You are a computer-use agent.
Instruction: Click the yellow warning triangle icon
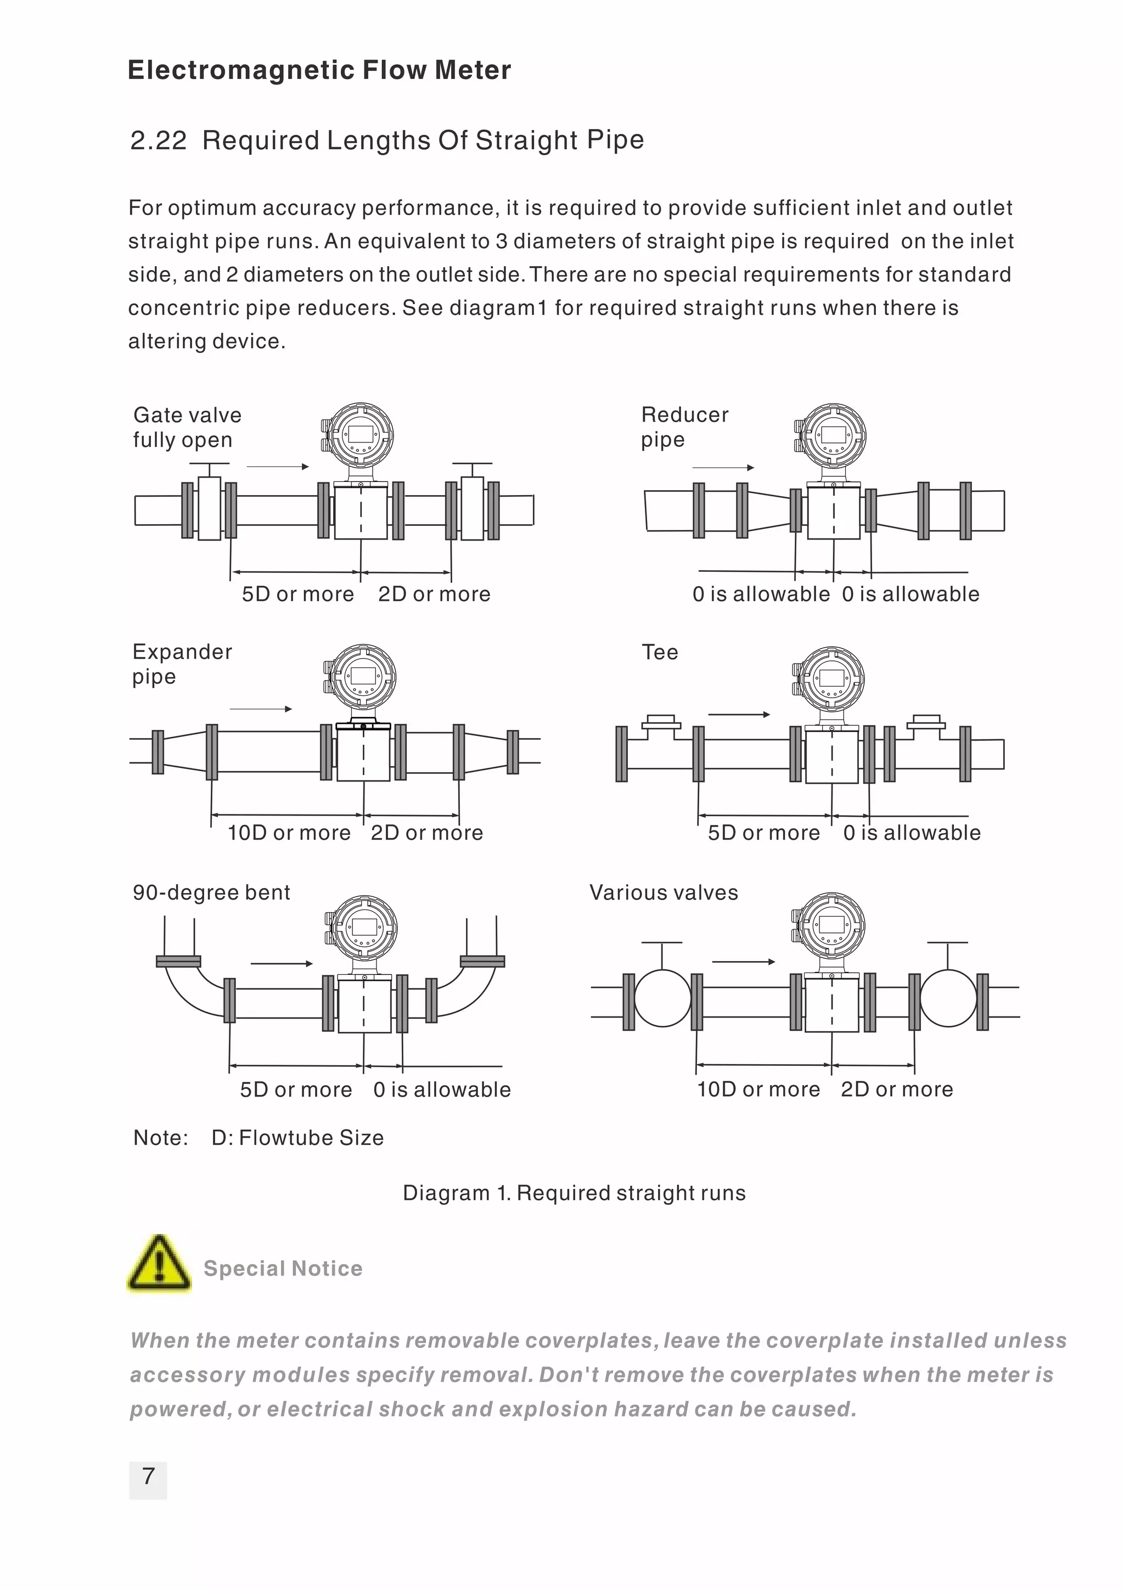click(x=159, y=1264)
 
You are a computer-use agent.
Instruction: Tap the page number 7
click(x=148, y=1476)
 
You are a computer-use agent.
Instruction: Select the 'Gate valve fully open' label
click(x=187, y=428)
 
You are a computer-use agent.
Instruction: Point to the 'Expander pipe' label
click(x=182, y=664)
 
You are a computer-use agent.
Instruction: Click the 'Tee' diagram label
click(x=659, y=653)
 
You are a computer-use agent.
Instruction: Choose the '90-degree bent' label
click(x=211, y=892)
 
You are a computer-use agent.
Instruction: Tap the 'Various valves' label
click(x=664, y=892)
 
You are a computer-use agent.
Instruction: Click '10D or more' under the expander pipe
click(x=289, y=833)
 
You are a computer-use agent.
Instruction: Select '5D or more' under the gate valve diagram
click(x=298, y=594)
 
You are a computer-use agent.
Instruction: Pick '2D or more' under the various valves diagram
click(x=897, y=1089)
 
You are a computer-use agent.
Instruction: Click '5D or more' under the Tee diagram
click(x=763, y=833)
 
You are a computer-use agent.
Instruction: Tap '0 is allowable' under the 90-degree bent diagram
click(x=442, y=1089)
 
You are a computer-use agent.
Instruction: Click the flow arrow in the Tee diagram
click(x=738, y=714)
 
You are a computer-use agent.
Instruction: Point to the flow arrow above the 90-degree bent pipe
click(x=281, y=963)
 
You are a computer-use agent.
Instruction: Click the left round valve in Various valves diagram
click(x=662, y=998)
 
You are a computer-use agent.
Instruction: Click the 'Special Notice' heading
click(x=283, y=1268)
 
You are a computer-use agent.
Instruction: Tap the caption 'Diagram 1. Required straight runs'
click(x=574, y=1193)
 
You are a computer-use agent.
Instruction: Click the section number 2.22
click(x=159, y=141)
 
